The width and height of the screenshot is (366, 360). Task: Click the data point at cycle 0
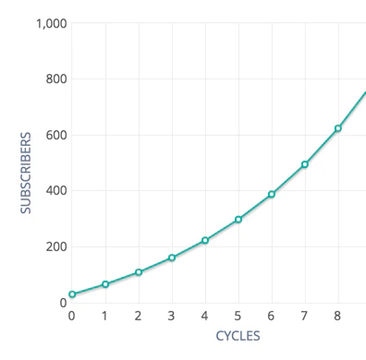[x=72, y=294]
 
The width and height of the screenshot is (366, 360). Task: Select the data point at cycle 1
[x=105, y=284]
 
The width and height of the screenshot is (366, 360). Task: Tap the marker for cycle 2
[x=139, y=272]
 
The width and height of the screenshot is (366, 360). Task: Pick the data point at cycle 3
[x=172, y=258]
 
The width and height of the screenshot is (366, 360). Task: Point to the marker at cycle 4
[x=205, y=240]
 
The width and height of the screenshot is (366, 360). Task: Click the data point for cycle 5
[x=238, y=220]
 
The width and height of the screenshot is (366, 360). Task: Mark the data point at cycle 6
[x=272, y=194]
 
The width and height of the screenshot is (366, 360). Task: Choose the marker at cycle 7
[x=305, y=164]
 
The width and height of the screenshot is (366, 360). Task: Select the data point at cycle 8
[x=338, y=128]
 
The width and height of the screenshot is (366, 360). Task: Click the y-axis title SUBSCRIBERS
[x=27, y=174]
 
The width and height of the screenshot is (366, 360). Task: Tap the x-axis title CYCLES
[x=238, y=336]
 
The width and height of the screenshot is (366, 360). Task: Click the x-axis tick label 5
[x=238, y=316]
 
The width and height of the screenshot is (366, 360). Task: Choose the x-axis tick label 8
[x=338, y=316]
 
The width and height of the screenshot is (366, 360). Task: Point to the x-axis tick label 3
[x=172, y=316]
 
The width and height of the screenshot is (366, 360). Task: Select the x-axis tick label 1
[x=105, y=316]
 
